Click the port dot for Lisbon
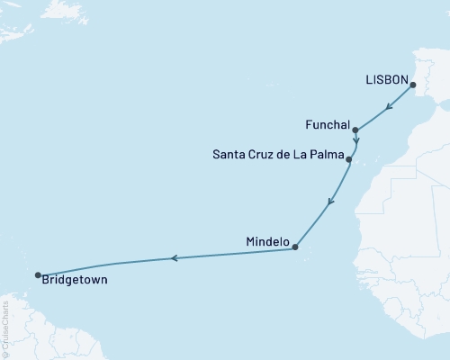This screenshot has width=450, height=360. (x=413, y=85)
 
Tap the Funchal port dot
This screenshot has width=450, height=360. (x=355, y=130)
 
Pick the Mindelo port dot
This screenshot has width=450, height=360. (x=295, y=247)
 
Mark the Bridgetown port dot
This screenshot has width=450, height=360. (x=38, y=275)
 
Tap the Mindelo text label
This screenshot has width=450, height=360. (x=267, y=242)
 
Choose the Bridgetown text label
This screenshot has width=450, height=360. (x=76, y=281)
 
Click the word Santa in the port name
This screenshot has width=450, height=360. (x=229, y=154)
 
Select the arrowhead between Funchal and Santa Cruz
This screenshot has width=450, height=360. (x=356, y=140)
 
